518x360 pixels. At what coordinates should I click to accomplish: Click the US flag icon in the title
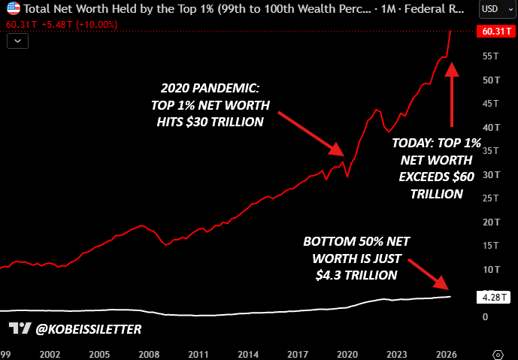pos(14,8)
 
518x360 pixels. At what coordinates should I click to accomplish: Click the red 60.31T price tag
pos(496,32)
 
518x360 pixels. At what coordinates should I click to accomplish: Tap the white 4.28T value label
pos(493,298)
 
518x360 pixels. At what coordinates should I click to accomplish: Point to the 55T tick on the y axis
pos(491,56)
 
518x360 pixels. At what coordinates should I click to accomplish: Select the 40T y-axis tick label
pos(491,128)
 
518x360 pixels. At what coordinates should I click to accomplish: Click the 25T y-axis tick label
pos(491,198)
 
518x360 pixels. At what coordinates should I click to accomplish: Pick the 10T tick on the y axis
pos(491,270)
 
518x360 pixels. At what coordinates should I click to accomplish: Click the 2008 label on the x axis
pos(149,355)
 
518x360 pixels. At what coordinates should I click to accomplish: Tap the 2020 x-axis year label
pos(347,355)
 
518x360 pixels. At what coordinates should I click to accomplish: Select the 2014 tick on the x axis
pos(248,355)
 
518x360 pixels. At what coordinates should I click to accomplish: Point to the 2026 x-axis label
pos(447,355)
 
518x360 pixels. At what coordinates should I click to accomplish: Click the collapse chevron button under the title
pos(17,41)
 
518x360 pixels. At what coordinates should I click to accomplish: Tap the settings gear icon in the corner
pos(498,355)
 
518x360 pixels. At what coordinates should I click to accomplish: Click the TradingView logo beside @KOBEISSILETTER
pos(20,328)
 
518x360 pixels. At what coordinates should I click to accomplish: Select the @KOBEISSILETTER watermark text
pos(89,329)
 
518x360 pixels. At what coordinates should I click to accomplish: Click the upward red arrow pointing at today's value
pos(451,94)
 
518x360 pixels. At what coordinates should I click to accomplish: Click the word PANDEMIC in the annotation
pos(226,88)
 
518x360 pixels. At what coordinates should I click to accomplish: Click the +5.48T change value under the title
pos(57,25)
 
